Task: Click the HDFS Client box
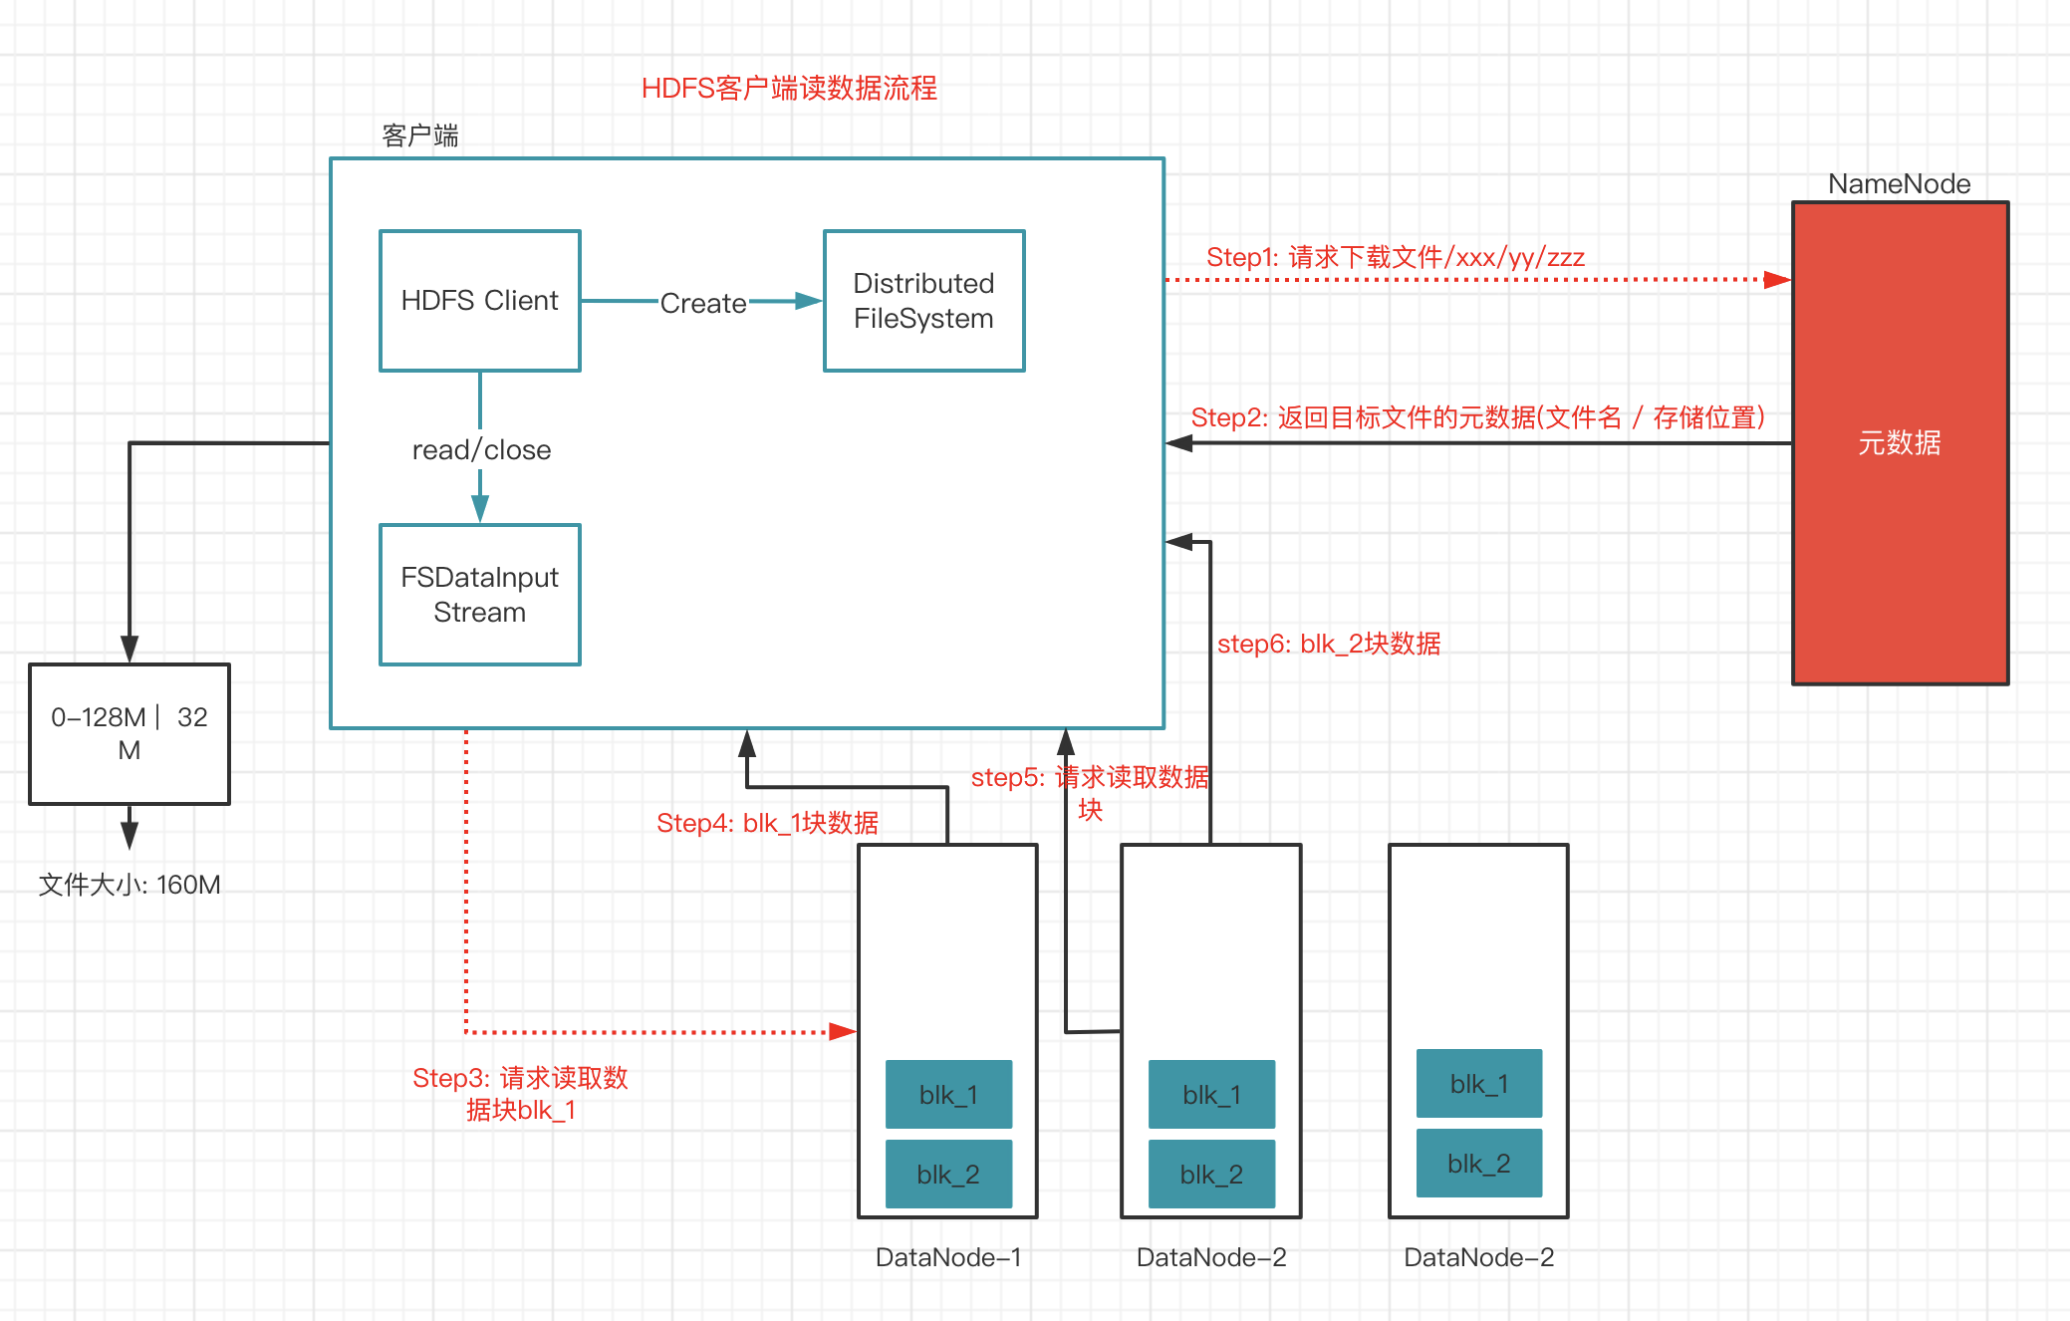479,301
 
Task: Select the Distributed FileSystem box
923,301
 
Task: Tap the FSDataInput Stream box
479,595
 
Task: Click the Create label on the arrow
703,303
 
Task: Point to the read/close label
481,450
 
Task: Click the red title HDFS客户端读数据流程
789,89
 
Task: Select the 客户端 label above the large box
420,135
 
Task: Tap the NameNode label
1899,184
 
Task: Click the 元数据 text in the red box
1899,442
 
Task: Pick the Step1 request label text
1395,258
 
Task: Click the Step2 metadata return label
1477,417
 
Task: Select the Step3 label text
520,1094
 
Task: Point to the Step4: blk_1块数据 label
767,823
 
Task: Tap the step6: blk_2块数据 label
1329,644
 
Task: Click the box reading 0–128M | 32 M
129,734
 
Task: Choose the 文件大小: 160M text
129,885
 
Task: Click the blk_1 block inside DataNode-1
948,1094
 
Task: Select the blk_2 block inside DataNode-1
948,1174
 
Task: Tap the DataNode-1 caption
948,1257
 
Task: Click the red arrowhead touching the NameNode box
1777,280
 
